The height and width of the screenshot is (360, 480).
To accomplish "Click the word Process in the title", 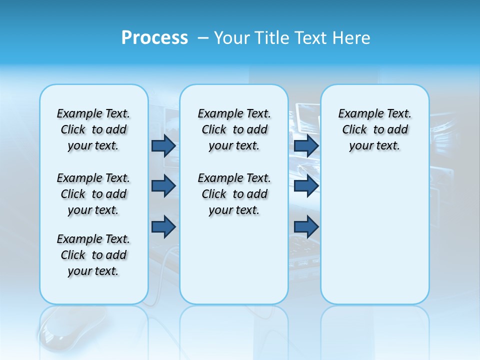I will click(154, 38).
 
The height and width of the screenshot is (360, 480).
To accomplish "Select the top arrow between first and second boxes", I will click(163, 145).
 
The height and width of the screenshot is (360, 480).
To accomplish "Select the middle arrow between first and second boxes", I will click(163, 186).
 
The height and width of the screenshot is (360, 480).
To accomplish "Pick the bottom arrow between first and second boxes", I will click(163, 226).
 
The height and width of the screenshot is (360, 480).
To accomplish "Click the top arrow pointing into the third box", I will click(306, 145).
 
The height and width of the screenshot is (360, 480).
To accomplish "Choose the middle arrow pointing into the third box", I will click(306, 186).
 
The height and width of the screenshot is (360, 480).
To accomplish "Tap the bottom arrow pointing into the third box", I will click(306, 226).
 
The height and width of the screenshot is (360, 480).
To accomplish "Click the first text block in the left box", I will click(93, 129).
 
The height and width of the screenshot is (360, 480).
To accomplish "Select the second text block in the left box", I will click(93, 194).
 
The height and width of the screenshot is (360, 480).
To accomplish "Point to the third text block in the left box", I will click(93, 255).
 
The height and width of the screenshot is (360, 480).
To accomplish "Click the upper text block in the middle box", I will click(234, 129).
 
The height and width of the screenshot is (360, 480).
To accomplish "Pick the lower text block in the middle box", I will click(234, 194).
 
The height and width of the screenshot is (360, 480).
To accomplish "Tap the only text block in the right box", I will click(374, 129).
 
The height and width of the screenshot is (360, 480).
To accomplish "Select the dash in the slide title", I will click(203, 38).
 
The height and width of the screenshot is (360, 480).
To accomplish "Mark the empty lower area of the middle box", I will click(234, 260).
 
